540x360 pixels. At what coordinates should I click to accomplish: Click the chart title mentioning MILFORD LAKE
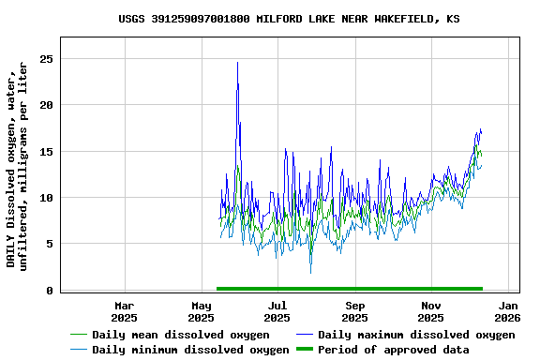(289, 19)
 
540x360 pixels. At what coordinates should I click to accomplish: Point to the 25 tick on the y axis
(45, 59)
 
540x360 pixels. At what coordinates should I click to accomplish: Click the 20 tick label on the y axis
(45, 105)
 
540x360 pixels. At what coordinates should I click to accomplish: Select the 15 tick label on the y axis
(45, 152)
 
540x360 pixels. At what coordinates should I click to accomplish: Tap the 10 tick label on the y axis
(45, 198)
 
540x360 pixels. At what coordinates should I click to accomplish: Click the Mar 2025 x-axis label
(125, 310)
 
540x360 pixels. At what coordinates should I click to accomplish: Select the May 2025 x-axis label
(202, 310)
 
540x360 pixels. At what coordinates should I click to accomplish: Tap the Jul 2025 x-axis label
(277, 310)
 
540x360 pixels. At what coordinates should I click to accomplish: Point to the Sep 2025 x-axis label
(354, 310)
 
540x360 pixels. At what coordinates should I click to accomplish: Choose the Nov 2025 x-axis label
(431, 310)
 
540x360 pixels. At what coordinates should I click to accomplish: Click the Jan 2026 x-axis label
(508, 310)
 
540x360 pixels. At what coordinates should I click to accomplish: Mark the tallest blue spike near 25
(237, 63)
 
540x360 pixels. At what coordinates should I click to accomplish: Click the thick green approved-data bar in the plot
(349, 289)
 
